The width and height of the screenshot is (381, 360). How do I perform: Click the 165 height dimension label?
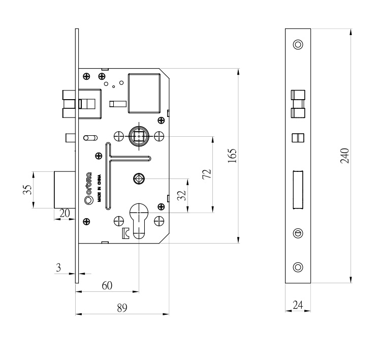coord(232,156)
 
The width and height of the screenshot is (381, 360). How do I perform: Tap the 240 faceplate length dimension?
coord(344,156)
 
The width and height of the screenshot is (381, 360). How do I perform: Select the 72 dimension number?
coord(207,174)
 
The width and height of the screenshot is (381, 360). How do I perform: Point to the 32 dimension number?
coord(181,195)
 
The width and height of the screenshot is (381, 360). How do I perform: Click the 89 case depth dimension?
coord(122,308)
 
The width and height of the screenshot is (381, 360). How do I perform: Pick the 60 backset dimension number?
coord(107,286)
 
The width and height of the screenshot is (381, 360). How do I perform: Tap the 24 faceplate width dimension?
coord(298,305)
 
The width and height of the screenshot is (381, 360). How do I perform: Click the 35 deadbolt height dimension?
coord(27,190)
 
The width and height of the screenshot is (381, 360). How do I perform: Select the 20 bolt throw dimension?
coord(65,214)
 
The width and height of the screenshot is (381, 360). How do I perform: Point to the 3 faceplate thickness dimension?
coord(58,267)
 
